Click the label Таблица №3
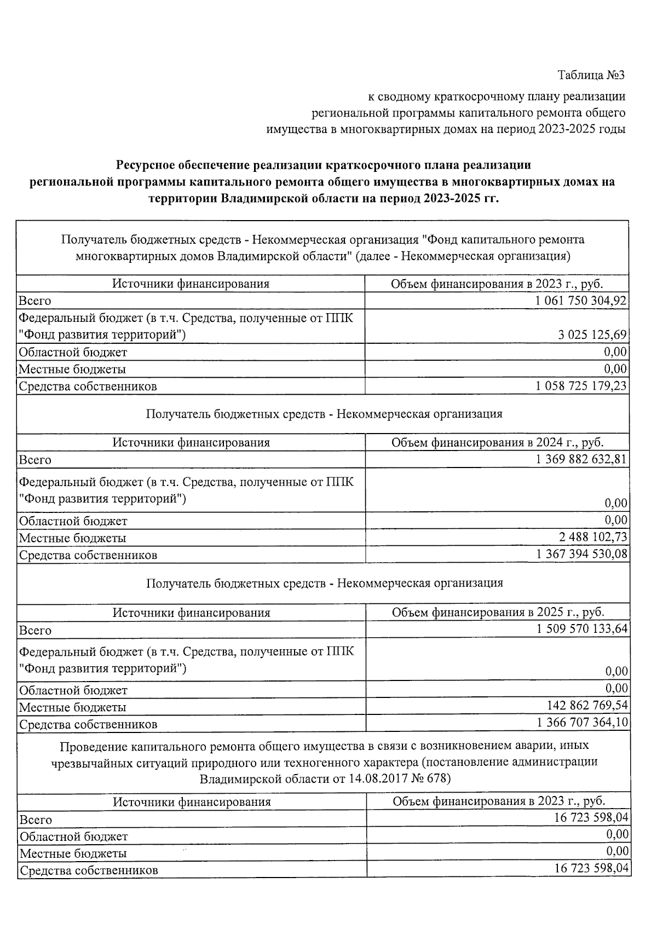(591, 74)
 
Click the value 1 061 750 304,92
(581, 300)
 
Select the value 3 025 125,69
(592, 334)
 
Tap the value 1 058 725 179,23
(581, 385)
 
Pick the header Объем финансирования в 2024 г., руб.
(497, 442)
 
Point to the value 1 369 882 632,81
(581, 459)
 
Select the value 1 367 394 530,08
(582, 554)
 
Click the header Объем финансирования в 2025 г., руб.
(498, 612)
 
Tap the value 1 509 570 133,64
(582, 628)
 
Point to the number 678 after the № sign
(435, 778)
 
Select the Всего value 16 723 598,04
(591, 818)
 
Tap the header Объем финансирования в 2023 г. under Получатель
(497, 284)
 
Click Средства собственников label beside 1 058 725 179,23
(88, 386)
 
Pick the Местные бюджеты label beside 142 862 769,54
(73, 707)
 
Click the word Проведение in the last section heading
(93, 746)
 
